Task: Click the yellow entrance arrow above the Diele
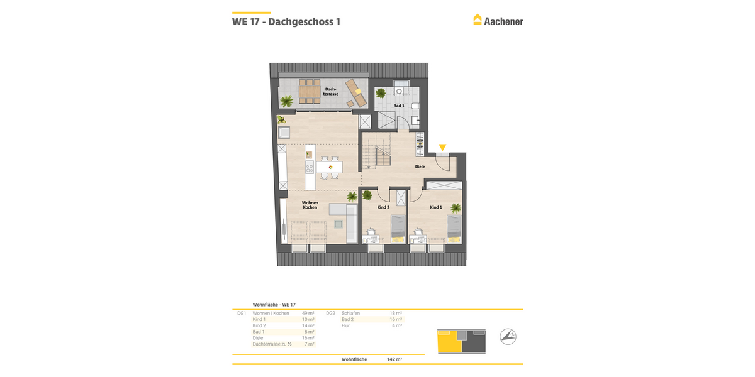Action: coord(442,148)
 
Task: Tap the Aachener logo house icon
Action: coord(478,20)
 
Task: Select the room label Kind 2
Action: coord(383,207)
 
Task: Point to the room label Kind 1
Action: coord(436,207)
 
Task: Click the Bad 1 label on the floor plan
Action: coord(399,106)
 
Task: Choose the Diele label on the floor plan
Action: coord(420,167)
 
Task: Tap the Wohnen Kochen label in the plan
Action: coord(310,205)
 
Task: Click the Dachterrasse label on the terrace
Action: coord(332,92)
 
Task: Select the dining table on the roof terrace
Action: coord(310,92)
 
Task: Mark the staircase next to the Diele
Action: coord(375,153)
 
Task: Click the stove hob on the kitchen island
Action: coord(310,168)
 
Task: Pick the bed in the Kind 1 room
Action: coord(454,228)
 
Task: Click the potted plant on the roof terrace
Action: coord(287,101)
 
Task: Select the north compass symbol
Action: coord(508,337)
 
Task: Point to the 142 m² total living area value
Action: coord(394,359)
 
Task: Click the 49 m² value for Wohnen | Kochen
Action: coord(308,313)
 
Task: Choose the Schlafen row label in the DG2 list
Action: coord(351,313)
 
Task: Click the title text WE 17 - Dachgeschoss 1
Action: coord(286,21)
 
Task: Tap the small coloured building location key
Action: coord(461,339)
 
